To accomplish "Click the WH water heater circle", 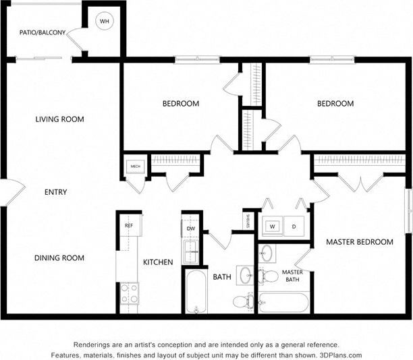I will tap(104, 22).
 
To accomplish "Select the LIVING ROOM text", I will tap(59, 119).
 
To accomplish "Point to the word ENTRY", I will tap(55, 192).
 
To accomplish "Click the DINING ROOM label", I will tap(59, 258).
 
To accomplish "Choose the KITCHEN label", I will tap(158, 262).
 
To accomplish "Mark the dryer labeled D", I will tap(294, 227).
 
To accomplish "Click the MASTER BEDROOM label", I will tap(359, 241).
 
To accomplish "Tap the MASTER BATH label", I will tap(292, 276).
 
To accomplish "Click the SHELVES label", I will tap(248, 221).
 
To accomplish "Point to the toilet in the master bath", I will tap(269, 276).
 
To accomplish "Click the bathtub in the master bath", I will tap(284, 302).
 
